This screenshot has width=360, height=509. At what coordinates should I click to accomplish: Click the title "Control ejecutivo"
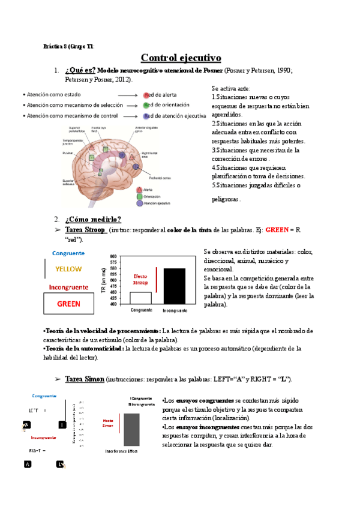coord(181,58)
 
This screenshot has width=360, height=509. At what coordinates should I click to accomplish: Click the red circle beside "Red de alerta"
coord(146,95)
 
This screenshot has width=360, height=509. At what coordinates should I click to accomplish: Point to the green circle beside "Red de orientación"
coord(146,105)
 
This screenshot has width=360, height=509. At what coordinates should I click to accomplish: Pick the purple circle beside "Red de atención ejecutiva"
coord(146,115)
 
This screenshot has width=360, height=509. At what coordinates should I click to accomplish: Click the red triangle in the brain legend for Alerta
coord(139,188)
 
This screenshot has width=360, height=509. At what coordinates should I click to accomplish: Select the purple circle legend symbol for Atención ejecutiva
coord(139,203)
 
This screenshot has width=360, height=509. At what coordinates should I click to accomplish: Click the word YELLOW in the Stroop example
coord(68,268)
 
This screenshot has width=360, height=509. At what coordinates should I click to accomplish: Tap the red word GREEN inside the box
coord(68,304)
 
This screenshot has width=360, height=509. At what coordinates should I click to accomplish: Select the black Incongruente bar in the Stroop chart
coord(175,286)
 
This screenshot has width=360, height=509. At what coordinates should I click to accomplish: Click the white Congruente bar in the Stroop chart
coord(140,298)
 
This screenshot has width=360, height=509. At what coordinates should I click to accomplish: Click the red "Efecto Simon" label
coord(109,423)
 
